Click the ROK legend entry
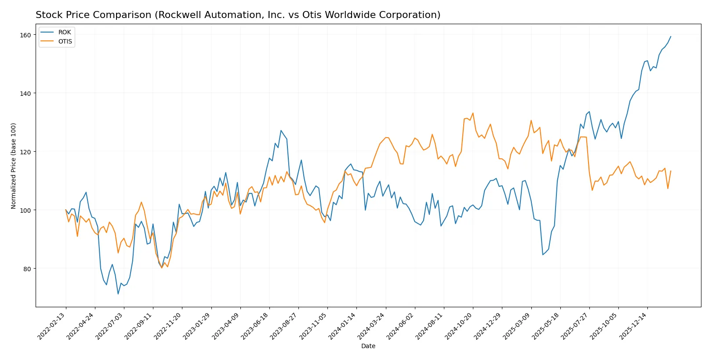click(x=64, y=32)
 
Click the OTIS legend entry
click(x=65, y=41)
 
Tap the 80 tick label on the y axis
click(x=27, y=269)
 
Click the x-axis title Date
click(x=368, y=346)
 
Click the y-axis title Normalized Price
click(x=14, y=166)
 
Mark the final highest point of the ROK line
click(x=671, y=36)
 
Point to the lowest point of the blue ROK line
click(x=118, y=294)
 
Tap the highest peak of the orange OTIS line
click(x=473, y=113)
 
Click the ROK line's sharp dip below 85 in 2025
click(x=543, y=255)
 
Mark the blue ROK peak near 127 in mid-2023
click(x=281, y=131)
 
